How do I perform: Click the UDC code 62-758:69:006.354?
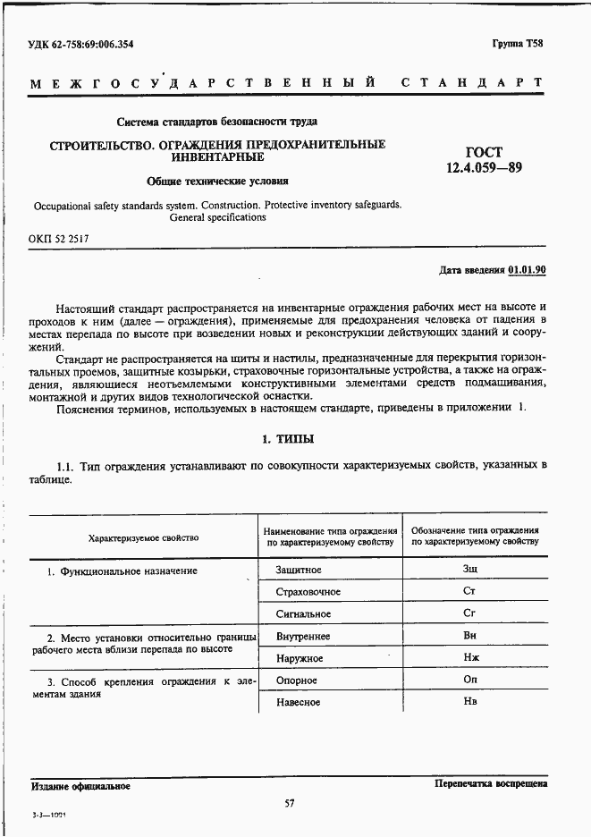[x=83, y=44]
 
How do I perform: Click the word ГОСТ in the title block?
[x=484, y=151]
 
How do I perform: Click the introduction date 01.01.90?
[x=528, y=269]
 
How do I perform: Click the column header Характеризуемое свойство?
[x=143, y=537]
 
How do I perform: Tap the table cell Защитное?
[x=300, y=570]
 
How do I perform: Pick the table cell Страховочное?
[x=308, y=592]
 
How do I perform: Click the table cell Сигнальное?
[x=304, y=614]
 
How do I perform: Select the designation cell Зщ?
[x=469, y=569]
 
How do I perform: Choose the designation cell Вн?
[x=469, y=636]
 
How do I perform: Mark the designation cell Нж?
[x=469, y=658]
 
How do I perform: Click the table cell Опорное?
[x=298, y=681]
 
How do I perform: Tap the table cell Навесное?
[x=299, y=703]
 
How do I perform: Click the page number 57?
[x=289, y=802]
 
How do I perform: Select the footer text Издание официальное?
[x=80, y=786]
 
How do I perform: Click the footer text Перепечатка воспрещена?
[x=491, y=783]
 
